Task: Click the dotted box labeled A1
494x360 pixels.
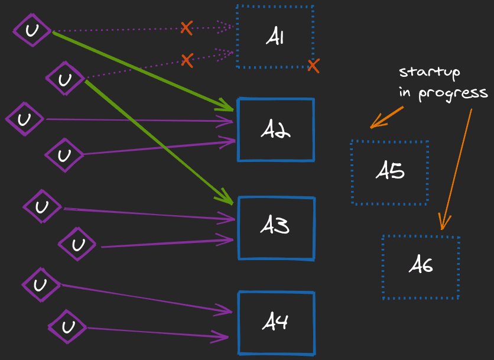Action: (x=275, y=37)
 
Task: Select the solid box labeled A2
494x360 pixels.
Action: (x=275, y=130)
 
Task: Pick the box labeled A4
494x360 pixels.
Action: (x=276, y=323)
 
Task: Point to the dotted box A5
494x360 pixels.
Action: (x=389, y=173)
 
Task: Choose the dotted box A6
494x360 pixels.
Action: (x=421, y=267)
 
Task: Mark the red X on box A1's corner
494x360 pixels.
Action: (x=313, y=66)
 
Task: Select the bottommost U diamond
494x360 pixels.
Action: (x=67, y=327)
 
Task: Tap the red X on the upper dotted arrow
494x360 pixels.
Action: (x=186, y=27)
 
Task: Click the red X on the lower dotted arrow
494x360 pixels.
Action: (x=187, y=59)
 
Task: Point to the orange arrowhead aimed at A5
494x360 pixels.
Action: (x=373, y=124)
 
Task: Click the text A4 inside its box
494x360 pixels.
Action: (x=275, y=323)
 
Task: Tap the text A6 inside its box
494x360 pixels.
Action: (x=421, y=267)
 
